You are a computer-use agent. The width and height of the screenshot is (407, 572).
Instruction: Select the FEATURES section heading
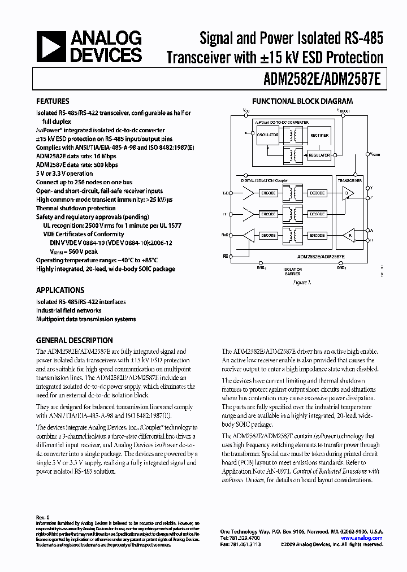(53, 102)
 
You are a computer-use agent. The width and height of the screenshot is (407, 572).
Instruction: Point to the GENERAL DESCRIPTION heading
(74, 340)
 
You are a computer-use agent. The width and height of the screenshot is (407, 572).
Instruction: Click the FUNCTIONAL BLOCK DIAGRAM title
(302, 102)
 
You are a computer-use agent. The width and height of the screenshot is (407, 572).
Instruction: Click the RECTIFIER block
(319, 135)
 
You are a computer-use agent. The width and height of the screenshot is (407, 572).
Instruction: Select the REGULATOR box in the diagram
(319, 155)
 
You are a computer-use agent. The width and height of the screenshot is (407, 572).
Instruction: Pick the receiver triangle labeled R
(350, 235)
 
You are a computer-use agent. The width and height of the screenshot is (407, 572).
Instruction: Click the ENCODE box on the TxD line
(269, 193)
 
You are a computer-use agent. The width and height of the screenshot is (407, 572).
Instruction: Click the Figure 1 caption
(302, 281)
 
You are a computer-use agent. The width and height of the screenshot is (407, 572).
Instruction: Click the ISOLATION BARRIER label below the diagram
(292, 271)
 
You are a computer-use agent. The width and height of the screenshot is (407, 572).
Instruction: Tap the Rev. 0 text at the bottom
(43, 517)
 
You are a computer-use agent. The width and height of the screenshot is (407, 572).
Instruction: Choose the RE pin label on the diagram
(226, 256)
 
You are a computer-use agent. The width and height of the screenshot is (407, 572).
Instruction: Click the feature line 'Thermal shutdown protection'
(76, 208)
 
